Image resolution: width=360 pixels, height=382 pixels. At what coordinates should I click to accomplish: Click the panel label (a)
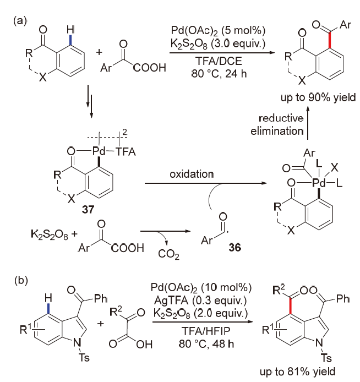(20, 21)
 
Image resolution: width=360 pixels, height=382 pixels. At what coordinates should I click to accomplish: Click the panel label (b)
(21, 280)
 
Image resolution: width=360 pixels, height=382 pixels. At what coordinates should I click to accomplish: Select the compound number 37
(88, 209)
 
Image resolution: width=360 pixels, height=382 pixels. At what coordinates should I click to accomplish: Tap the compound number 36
(235, 247)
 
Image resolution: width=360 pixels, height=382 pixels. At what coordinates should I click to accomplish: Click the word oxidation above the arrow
(192, 174)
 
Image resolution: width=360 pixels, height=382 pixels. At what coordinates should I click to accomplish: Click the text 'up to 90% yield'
(318, 97)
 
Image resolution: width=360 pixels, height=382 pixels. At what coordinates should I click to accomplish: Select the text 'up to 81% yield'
(298, 372)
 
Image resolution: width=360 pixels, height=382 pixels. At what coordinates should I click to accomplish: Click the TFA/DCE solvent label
(219, 61)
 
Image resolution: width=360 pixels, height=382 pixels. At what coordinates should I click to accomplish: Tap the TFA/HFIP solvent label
(206, 331)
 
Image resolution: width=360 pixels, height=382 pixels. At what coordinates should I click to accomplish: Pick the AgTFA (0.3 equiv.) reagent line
(200, 301)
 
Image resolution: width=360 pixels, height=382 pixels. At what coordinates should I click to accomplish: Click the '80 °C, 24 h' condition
(219, 73)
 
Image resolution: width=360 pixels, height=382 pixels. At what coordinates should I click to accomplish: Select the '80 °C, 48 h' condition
(206, 344)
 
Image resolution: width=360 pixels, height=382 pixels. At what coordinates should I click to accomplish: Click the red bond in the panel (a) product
(330, 40)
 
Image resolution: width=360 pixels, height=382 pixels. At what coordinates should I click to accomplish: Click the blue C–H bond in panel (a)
(70, 40)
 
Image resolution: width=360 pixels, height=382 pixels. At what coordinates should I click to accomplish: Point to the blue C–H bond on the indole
(49, 308)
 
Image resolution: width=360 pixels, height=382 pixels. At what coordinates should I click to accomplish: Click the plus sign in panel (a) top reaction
(99, 52)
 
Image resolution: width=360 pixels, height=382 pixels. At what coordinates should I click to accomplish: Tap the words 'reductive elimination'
(277, 124)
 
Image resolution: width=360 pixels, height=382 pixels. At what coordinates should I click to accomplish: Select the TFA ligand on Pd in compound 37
(126, 151)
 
